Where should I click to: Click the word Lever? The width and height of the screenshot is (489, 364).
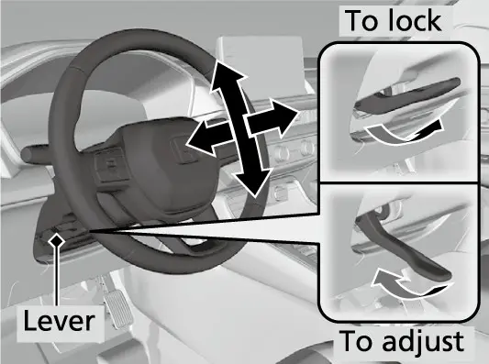(59, 321)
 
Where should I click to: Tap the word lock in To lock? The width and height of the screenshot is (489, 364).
(415, 20)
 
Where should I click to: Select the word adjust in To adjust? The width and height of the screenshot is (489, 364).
(423, 342)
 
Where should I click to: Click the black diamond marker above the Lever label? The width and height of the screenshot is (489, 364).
(57, 241)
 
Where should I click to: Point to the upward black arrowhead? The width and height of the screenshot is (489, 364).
(227, 75)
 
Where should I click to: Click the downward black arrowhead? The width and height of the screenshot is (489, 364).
(252, 183)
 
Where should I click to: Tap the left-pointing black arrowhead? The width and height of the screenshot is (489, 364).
(202, 138)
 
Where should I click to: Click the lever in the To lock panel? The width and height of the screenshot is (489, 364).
(406, 96)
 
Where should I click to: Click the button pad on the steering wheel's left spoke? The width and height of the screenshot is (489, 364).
(111, 165)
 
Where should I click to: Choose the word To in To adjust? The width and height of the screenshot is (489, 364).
(358, 342)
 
